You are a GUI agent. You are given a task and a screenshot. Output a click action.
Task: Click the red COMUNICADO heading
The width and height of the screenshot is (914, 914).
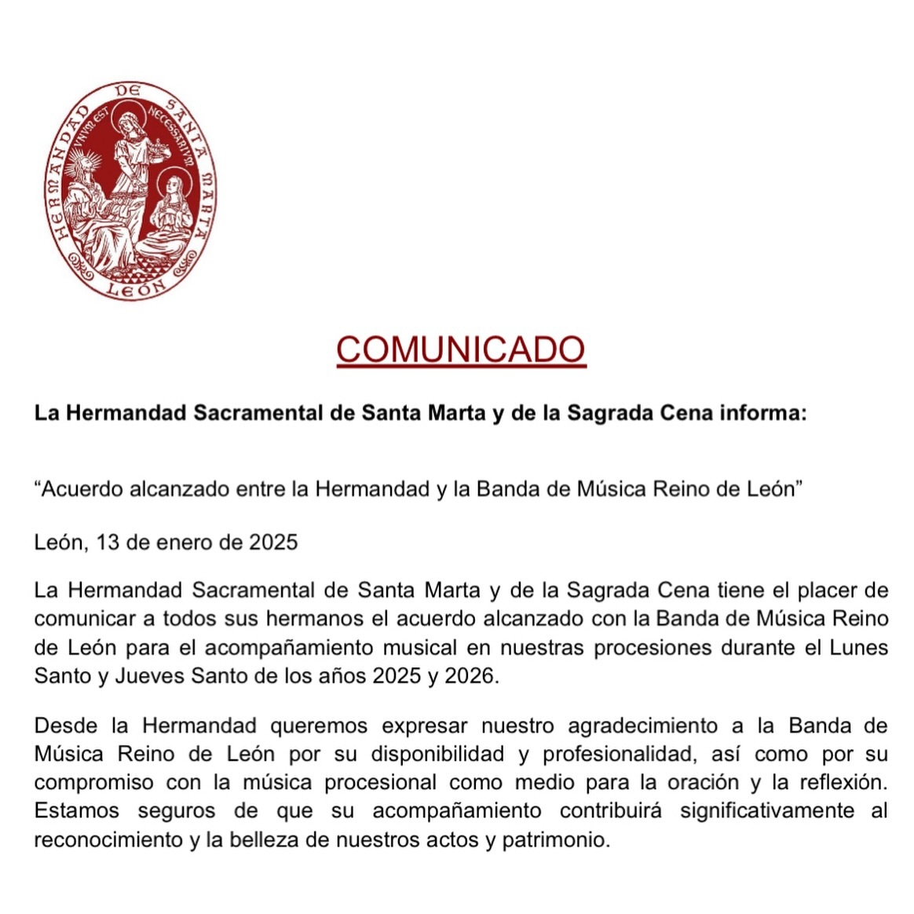click(x=461, y=349)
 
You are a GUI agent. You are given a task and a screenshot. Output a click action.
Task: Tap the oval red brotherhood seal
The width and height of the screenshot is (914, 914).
click(x=130, y=190)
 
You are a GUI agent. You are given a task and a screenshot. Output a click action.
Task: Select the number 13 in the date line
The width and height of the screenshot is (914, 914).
click(x=108, y=542)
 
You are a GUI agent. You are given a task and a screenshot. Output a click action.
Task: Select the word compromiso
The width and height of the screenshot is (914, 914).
click(x=93, y=783)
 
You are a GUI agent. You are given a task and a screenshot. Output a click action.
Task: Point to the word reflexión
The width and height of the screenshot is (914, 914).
click(x=842, y=783)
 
